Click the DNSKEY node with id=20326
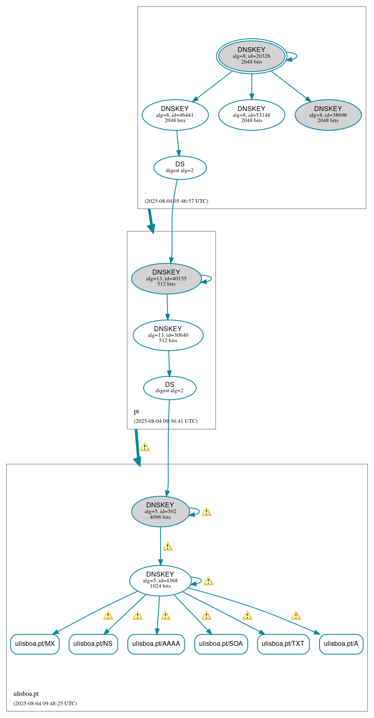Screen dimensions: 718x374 tap(252, 56)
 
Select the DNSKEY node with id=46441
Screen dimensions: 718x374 tap(175, 115)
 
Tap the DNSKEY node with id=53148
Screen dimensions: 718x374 tap(252, 115)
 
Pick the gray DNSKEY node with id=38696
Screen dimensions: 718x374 tap(328, 115)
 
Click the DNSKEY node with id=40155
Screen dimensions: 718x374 tap(166, 278)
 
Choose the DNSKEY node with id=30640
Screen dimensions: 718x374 tap(168, 335)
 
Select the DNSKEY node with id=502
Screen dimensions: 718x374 tap(160, 511)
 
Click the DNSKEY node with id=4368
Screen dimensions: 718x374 tap(160, 580)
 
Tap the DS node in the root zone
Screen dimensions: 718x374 tap(180, 167)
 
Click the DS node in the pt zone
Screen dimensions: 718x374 tap(170, 387)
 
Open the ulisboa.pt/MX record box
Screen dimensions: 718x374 tap(35, 644)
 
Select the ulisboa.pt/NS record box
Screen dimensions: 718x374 tap(93, 644)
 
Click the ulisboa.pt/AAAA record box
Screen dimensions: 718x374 tap(156, 644)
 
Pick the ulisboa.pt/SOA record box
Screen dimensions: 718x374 tap(221, 644)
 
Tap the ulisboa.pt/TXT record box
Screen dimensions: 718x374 tap(283, 644)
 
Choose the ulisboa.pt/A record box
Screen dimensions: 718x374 tap(341, 644)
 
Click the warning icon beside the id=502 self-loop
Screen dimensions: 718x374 tap(206, 512)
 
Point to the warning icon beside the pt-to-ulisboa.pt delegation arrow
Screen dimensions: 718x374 tap(145, 447)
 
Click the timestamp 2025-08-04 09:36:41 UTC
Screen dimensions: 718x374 tap(165, 421)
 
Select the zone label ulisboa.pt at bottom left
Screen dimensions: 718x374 tap(26, 694)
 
